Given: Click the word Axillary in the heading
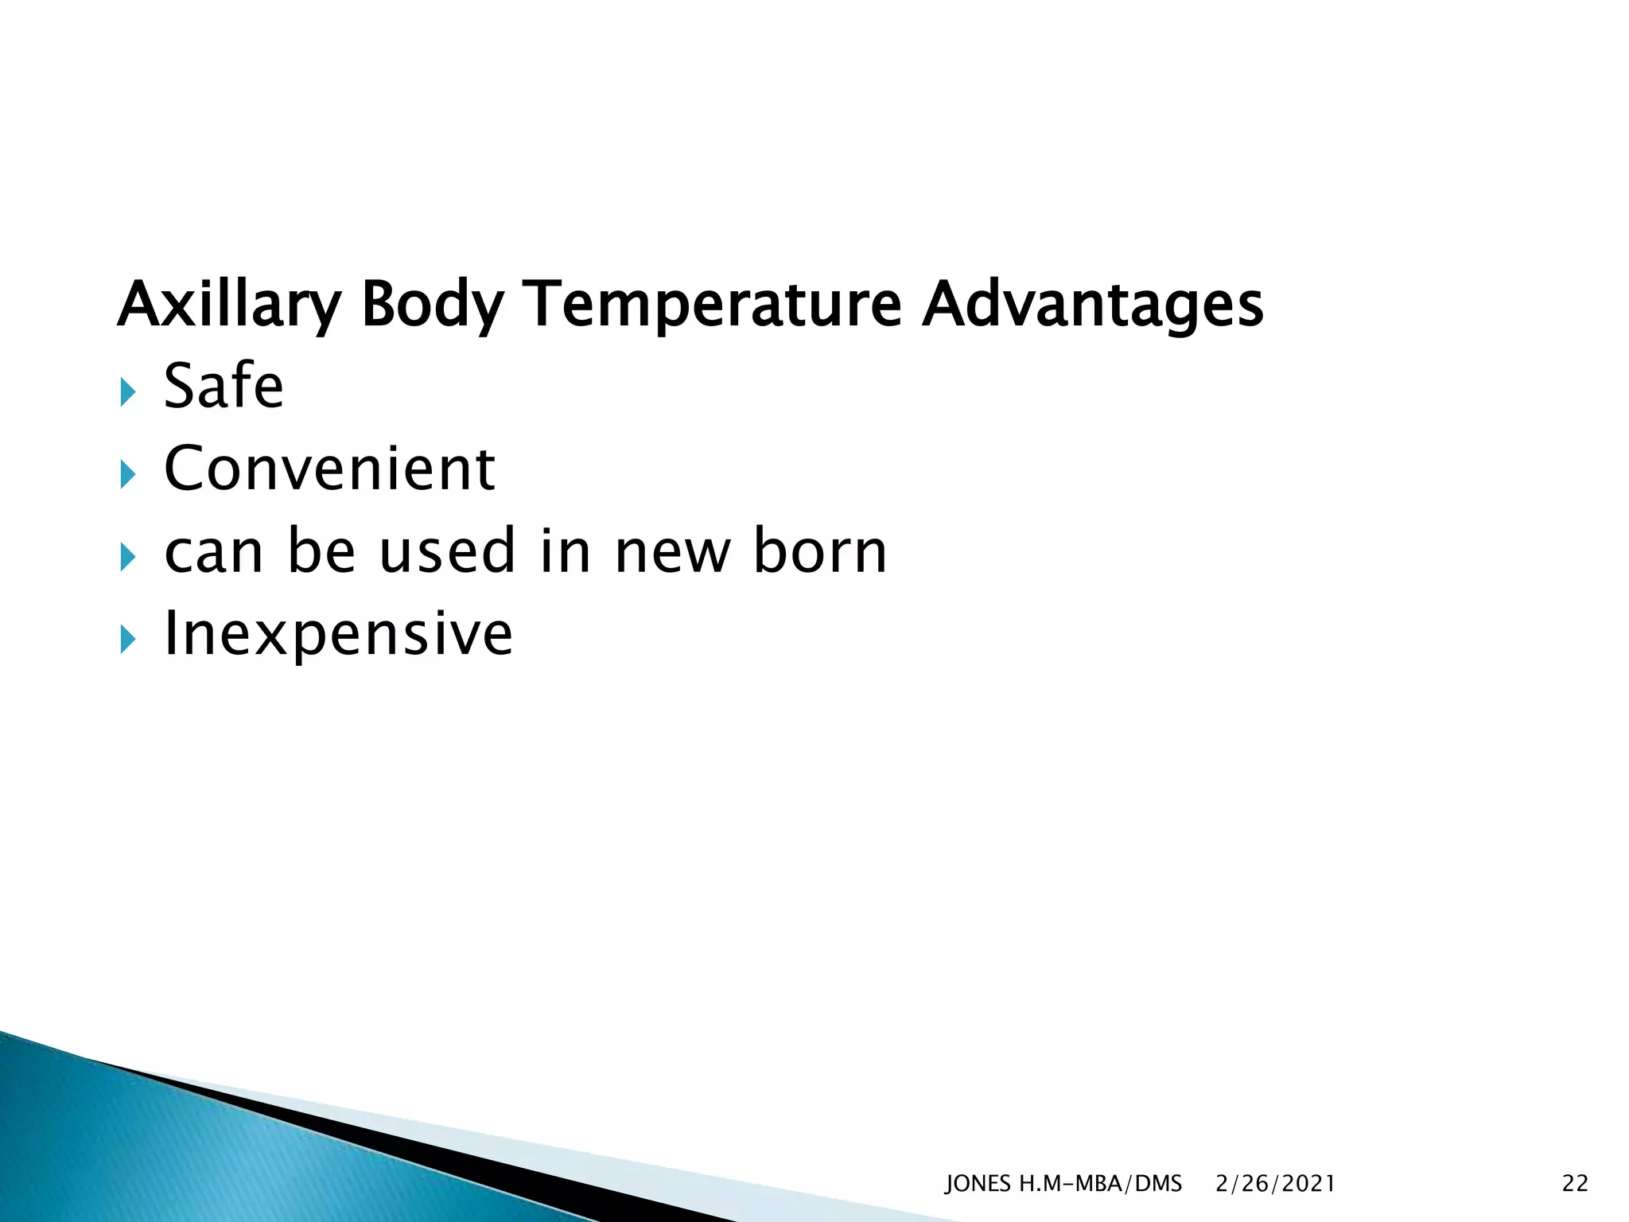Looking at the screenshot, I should click(230, 305).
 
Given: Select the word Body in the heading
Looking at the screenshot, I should click(433, 305).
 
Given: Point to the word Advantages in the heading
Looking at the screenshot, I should click(1092, 305).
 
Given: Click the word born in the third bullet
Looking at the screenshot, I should click(820, 551).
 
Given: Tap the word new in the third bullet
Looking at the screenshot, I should click(673, 553).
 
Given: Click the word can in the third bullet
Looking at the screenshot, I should click(213, 553).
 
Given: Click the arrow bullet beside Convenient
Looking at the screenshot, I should click(127, 475).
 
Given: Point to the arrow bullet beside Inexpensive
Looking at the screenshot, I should click(127, 640).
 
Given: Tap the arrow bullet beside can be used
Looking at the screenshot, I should click(127, 557).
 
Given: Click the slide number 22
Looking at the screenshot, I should click(1575, 1184).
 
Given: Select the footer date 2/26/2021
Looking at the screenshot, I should click(1275, 1184).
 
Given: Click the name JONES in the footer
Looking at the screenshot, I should click(978, 1184).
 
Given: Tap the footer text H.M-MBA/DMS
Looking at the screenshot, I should click(1101, 1184).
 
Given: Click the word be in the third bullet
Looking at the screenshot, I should click(321, 551).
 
